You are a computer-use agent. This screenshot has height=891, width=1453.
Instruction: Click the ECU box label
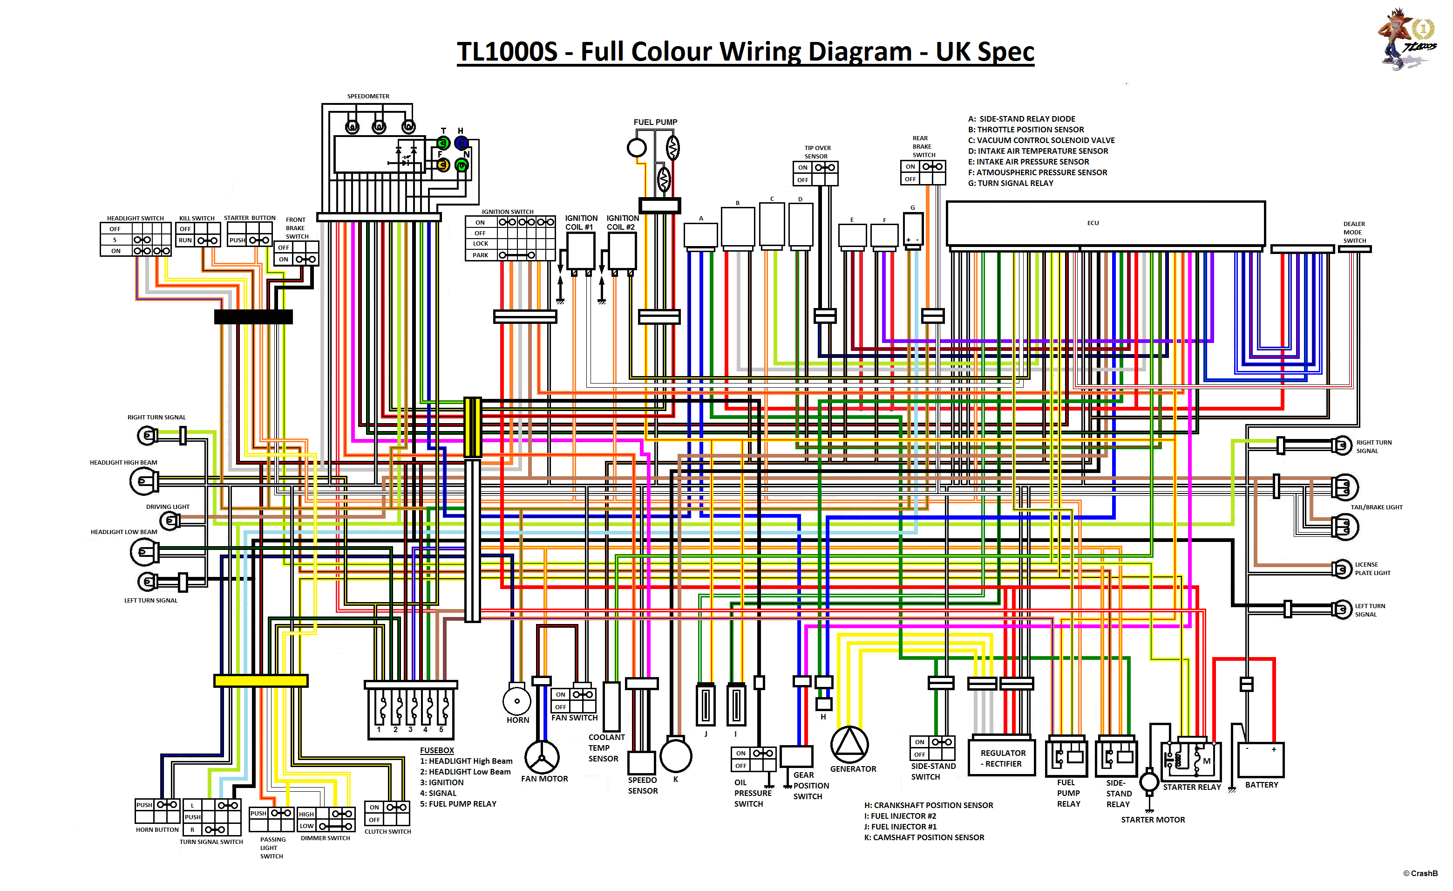pyautogui.click(x=1092, y=223)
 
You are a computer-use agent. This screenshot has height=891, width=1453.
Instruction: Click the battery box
pyautogui.click(x=1260, y=760)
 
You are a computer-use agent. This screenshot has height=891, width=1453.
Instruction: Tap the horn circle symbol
pyautogui.click(x=516, y=701)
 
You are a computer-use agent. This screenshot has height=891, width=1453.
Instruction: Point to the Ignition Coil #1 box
pyautogui.click(x=580, y=251)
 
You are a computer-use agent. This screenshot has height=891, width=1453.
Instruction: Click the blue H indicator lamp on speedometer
pyautogui.click(x=461, y=143)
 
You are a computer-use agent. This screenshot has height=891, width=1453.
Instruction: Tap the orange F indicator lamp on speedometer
pyautogui.click(x=442, y=165)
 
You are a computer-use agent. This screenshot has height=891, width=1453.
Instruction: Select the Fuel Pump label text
pyautogui.click(x=655, y=122)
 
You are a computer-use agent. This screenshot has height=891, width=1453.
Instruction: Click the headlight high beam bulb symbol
pyautogui.click(x=142, y=481)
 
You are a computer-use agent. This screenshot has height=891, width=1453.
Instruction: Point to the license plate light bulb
pyautogui.click(x=1342, y=569)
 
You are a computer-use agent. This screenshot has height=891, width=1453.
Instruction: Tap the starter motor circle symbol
pyautogui.click(x=1149, y=782)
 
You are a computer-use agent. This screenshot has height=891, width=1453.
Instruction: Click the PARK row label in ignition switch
pyautogui.click(x=480, y=255)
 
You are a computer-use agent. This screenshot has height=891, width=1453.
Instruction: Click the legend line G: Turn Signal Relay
pyautogui.click(x=1010, y=184)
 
